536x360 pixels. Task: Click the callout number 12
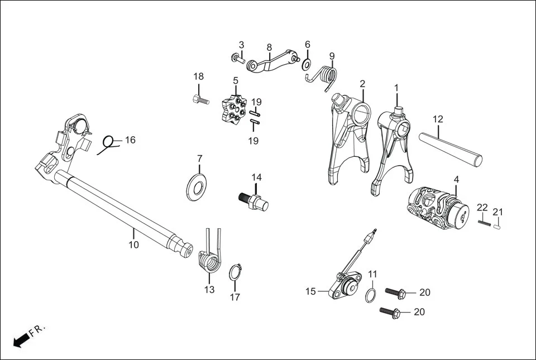click(x=438, y=119)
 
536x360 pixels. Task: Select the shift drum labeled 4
click(x=441, y=207)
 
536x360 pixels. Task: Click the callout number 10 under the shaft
click(x=134, y=244)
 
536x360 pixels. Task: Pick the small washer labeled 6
click(x=307, y=64)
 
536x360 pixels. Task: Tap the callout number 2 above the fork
click(x=362, y=84)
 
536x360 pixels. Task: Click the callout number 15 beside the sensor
click(x=310, y=291)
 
